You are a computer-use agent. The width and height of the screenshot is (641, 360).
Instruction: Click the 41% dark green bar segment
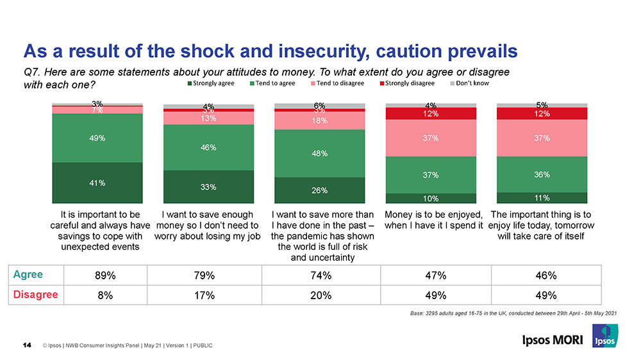tap(97, 183)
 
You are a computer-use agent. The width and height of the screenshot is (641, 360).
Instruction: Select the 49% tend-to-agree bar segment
tap(97, 138)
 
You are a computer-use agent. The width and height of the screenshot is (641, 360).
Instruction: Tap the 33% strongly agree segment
tap(208, 186)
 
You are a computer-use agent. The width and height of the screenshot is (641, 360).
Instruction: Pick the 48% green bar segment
tap(319, 154)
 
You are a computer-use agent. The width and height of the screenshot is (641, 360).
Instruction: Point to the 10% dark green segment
tap(429, 198)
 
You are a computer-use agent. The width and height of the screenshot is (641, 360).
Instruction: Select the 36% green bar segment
tap(542, 174)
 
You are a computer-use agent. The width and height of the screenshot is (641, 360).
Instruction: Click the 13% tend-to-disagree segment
tap(208, 119)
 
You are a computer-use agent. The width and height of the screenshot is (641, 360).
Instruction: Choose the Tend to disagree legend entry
tap(340, 83)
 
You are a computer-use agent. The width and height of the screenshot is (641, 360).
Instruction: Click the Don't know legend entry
tap(475, 83)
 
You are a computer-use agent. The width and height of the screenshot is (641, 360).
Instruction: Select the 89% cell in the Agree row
tap(105, 276)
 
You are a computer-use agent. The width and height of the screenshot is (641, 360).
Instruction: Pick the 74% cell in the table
tap(320, 276)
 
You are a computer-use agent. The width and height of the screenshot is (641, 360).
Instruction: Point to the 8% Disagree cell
tap(105, 295)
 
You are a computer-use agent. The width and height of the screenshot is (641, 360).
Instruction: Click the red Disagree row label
tap(35, 295)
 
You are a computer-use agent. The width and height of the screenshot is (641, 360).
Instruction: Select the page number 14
tap(27, 346)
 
